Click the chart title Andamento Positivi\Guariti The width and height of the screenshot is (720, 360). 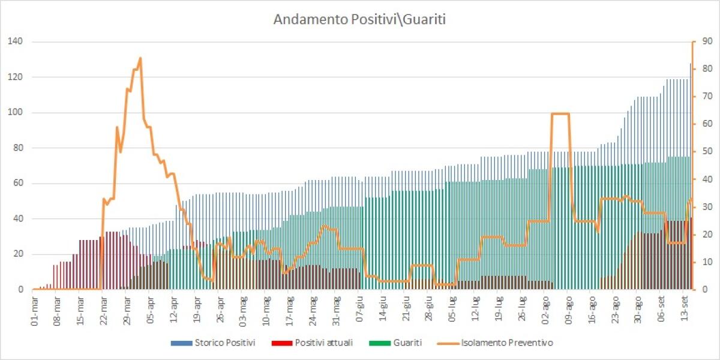point(359,19)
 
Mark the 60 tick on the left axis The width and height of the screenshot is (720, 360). point(16,183)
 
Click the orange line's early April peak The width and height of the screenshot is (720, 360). point(140,58)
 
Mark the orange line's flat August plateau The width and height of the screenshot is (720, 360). point(560,113)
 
